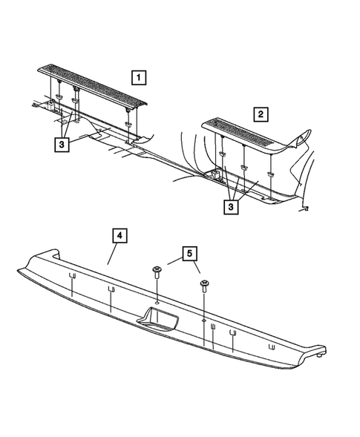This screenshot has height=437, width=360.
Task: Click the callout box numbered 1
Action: (x=139, y=76)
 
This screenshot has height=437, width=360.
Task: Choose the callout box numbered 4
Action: (x=120, y=236)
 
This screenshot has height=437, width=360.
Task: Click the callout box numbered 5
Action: (x=189, y=255)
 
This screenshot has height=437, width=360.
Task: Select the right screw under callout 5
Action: (x=203, y=286)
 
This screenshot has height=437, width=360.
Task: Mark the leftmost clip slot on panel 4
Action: (x=72, y=277)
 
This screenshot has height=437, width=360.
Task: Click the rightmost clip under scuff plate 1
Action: (x=129, y=111)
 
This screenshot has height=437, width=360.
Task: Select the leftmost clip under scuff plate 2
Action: (x=222, y=153)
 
